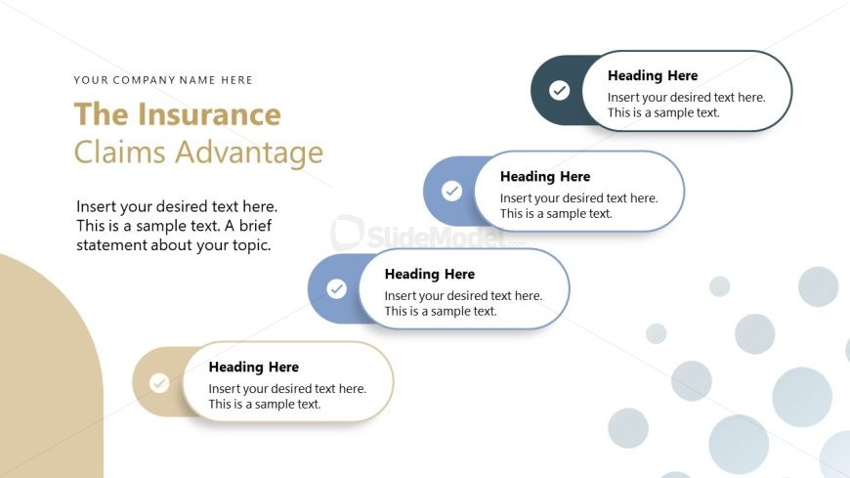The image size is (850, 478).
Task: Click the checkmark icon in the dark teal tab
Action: [559, 91]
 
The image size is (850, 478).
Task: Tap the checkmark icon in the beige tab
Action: [159, 383]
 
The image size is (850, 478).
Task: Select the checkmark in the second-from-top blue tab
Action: [451, 191]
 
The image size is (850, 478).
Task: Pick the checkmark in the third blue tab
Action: [336, 289]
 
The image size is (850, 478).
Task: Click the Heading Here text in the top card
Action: [652, 75]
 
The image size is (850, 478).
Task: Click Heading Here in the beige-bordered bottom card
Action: [253, 367]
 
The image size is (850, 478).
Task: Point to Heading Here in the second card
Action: [544, 177]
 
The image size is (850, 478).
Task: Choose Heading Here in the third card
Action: [429, 274]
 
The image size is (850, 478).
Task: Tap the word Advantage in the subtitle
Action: [263, 152]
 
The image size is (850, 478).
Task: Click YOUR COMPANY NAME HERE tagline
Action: [163, 80]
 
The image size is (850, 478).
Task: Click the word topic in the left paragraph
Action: [248, 245]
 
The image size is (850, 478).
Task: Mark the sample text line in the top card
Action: [663, 112]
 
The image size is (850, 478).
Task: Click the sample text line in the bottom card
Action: [264, 404]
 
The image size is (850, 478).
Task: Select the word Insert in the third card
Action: [401, 296]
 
